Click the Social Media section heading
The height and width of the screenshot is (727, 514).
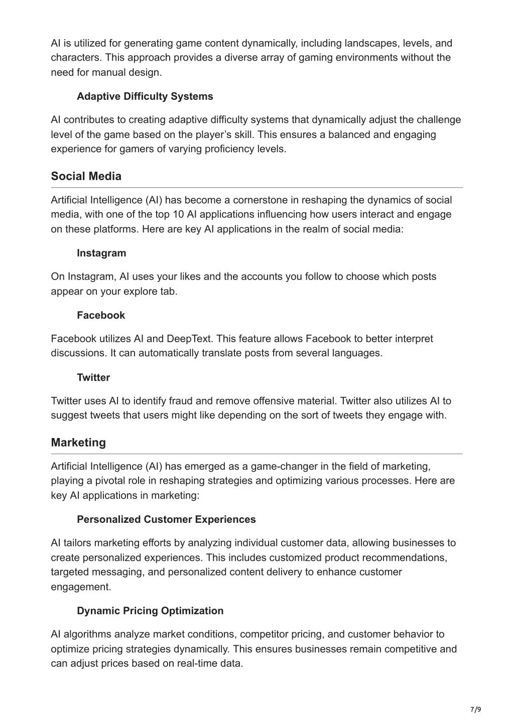click(86, 176)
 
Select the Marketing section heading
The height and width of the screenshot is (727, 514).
click(78, 443)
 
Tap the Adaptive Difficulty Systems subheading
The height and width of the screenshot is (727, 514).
click(145, 96)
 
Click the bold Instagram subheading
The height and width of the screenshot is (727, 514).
click(101, 253)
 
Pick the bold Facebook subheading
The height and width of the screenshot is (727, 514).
click(101, 315)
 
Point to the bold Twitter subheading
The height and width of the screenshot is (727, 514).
click(93, 377)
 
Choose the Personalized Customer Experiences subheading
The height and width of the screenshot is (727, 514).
click(166, 519)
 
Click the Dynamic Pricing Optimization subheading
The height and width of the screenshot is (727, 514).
click(150, 611)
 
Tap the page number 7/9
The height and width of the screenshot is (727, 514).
click(475, 709)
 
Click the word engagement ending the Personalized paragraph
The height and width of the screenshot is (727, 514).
click(81, 587)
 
